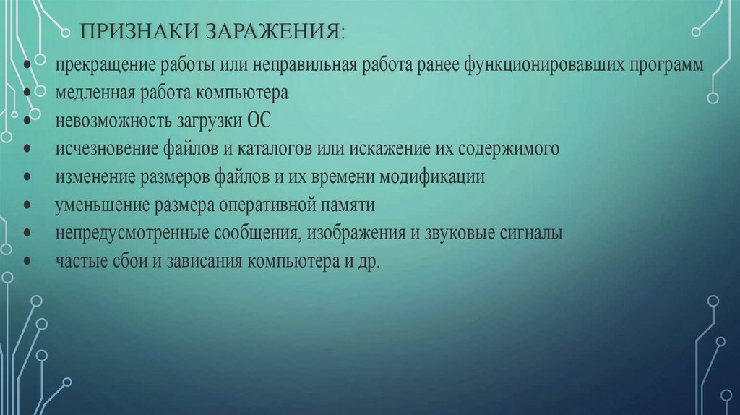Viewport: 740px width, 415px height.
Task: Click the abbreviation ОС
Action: pos(259,121)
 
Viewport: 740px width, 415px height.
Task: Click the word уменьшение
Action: pos(100,205)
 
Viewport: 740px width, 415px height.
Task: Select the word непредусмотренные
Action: pos(131,234)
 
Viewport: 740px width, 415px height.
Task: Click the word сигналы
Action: pos(530,234)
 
